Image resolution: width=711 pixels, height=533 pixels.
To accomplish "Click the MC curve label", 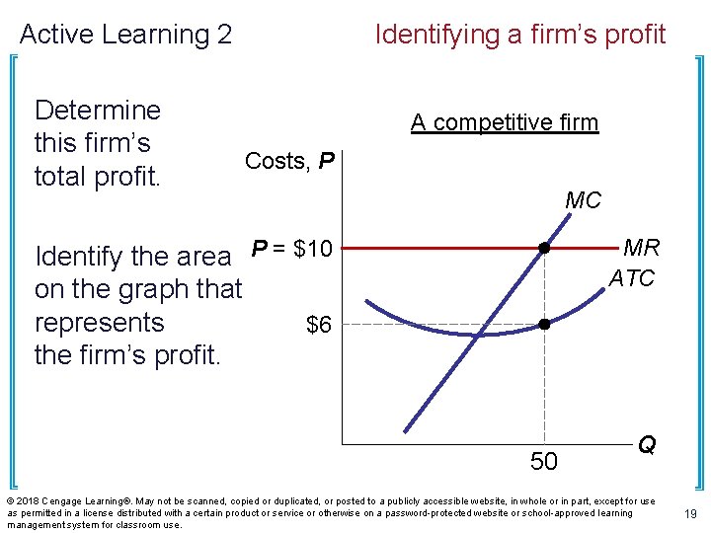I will [x=583, y=200].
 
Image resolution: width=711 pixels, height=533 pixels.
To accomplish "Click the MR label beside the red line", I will [x=642, y=248].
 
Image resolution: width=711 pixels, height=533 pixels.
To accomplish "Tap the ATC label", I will [x=632, y=279].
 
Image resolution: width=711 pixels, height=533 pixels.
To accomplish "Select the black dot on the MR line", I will [x=544, y=249].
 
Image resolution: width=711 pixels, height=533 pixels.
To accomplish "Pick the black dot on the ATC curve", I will [x=544, y=324].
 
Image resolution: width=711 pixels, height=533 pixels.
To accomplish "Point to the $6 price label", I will [x=318, y=325].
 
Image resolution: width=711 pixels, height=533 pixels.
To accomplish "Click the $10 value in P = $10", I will [x=313, y=249].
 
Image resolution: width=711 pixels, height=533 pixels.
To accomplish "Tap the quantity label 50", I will [x=544, y=461].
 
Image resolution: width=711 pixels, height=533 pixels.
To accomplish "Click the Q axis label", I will [x=646, y=445].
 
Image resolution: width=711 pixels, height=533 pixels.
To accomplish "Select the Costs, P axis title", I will [x=289, y=161].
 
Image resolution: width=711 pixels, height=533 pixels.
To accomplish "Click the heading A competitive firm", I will [x=505, y=122].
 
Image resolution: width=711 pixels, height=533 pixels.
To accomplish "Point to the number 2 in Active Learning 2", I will [x=224, y=35].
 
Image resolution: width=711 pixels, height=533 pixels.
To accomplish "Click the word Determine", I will [x=97, y=110].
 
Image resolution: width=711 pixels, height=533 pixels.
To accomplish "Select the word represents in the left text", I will [x=99, y=323].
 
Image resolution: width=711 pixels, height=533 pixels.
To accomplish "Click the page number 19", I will [x=690, y=514].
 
